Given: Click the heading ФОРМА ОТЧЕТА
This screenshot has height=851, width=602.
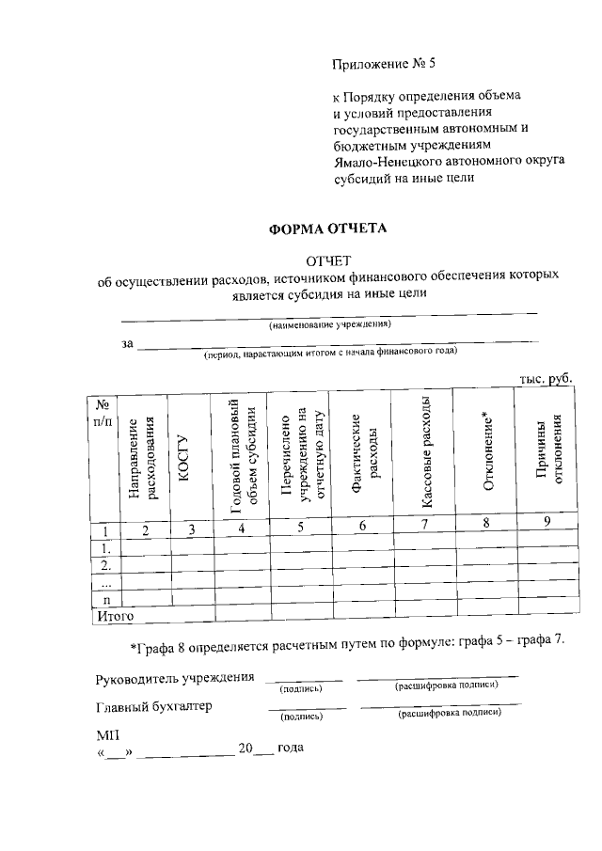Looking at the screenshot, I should tap(328, 229).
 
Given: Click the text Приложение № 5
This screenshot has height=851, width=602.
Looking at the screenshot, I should tap(385, 65).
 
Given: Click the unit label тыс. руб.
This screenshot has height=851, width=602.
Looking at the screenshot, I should tap(546, 378).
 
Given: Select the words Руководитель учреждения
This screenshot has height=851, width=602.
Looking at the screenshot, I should tap(175, 678).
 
